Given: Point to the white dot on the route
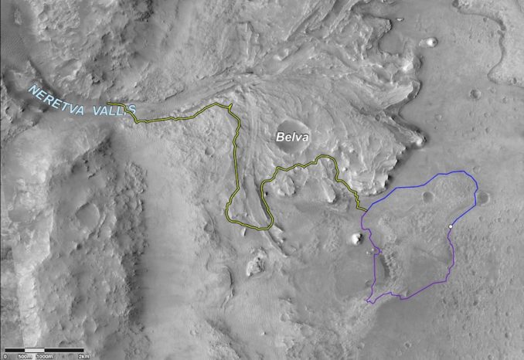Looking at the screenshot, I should coord(450,226).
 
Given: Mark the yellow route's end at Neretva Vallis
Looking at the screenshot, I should coord(109,104).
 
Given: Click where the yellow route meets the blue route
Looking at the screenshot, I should coord(366,209).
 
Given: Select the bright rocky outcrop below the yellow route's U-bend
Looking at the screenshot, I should coord(253,269).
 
